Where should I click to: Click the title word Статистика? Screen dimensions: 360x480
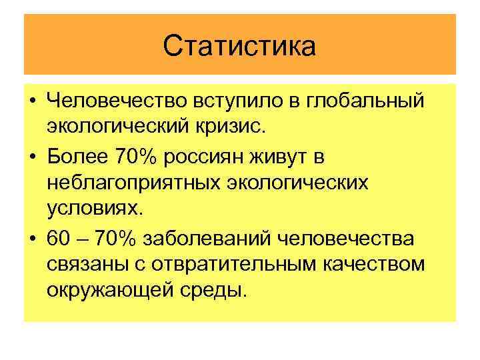tap(239, 46)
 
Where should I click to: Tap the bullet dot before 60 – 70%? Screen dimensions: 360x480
tap(33, 239)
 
